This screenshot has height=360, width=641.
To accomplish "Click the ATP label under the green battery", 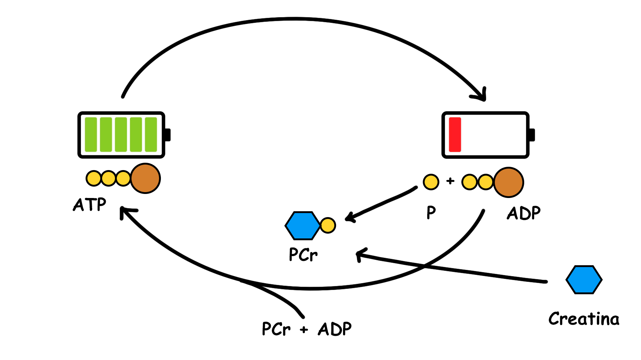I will pos(90,205).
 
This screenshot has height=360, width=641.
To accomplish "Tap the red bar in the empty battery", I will pos(455,134).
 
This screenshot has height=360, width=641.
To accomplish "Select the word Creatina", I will pos(584,319).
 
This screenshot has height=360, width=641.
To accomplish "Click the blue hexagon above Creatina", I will pos(584,280).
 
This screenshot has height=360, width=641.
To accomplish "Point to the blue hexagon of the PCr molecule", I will pos(303,226).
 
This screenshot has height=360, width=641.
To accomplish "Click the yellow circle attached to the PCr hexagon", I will pos(328,226).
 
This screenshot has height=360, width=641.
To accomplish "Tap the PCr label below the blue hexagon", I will pos(303,254).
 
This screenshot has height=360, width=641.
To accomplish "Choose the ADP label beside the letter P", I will pos(524,213).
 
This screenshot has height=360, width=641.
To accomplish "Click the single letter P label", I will pos(431,212).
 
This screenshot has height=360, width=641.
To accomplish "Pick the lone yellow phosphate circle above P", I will pos(431,182).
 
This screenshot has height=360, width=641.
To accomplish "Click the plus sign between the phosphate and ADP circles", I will pos(450,181).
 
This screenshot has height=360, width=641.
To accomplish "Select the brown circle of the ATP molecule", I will pos(145,179).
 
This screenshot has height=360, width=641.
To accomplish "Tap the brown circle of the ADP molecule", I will pos(508,182).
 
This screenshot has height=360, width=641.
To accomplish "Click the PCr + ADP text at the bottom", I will pos(306,329).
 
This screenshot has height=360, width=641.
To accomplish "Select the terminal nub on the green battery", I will pos(168,135).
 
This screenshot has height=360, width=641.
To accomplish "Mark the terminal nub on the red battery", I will pos(532,135).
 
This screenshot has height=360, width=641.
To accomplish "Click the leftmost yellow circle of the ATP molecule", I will pos(93,179).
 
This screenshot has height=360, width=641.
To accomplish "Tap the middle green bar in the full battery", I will pos(121,134).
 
